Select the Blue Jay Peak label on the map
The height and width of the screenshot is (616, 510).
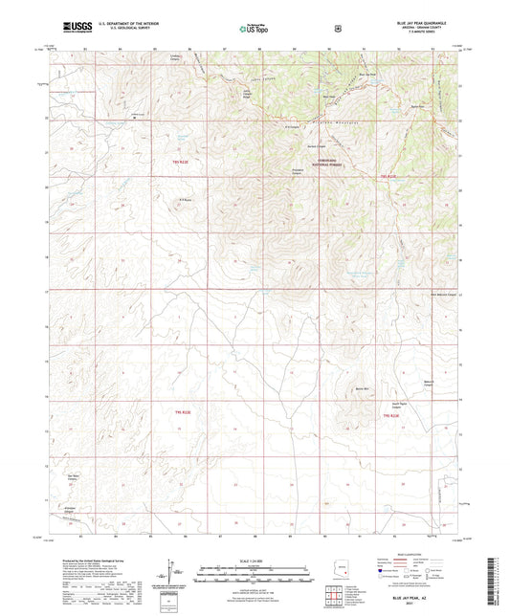[365, 73]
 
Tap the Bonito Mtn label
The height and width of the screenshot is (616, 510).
[361, 390]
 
